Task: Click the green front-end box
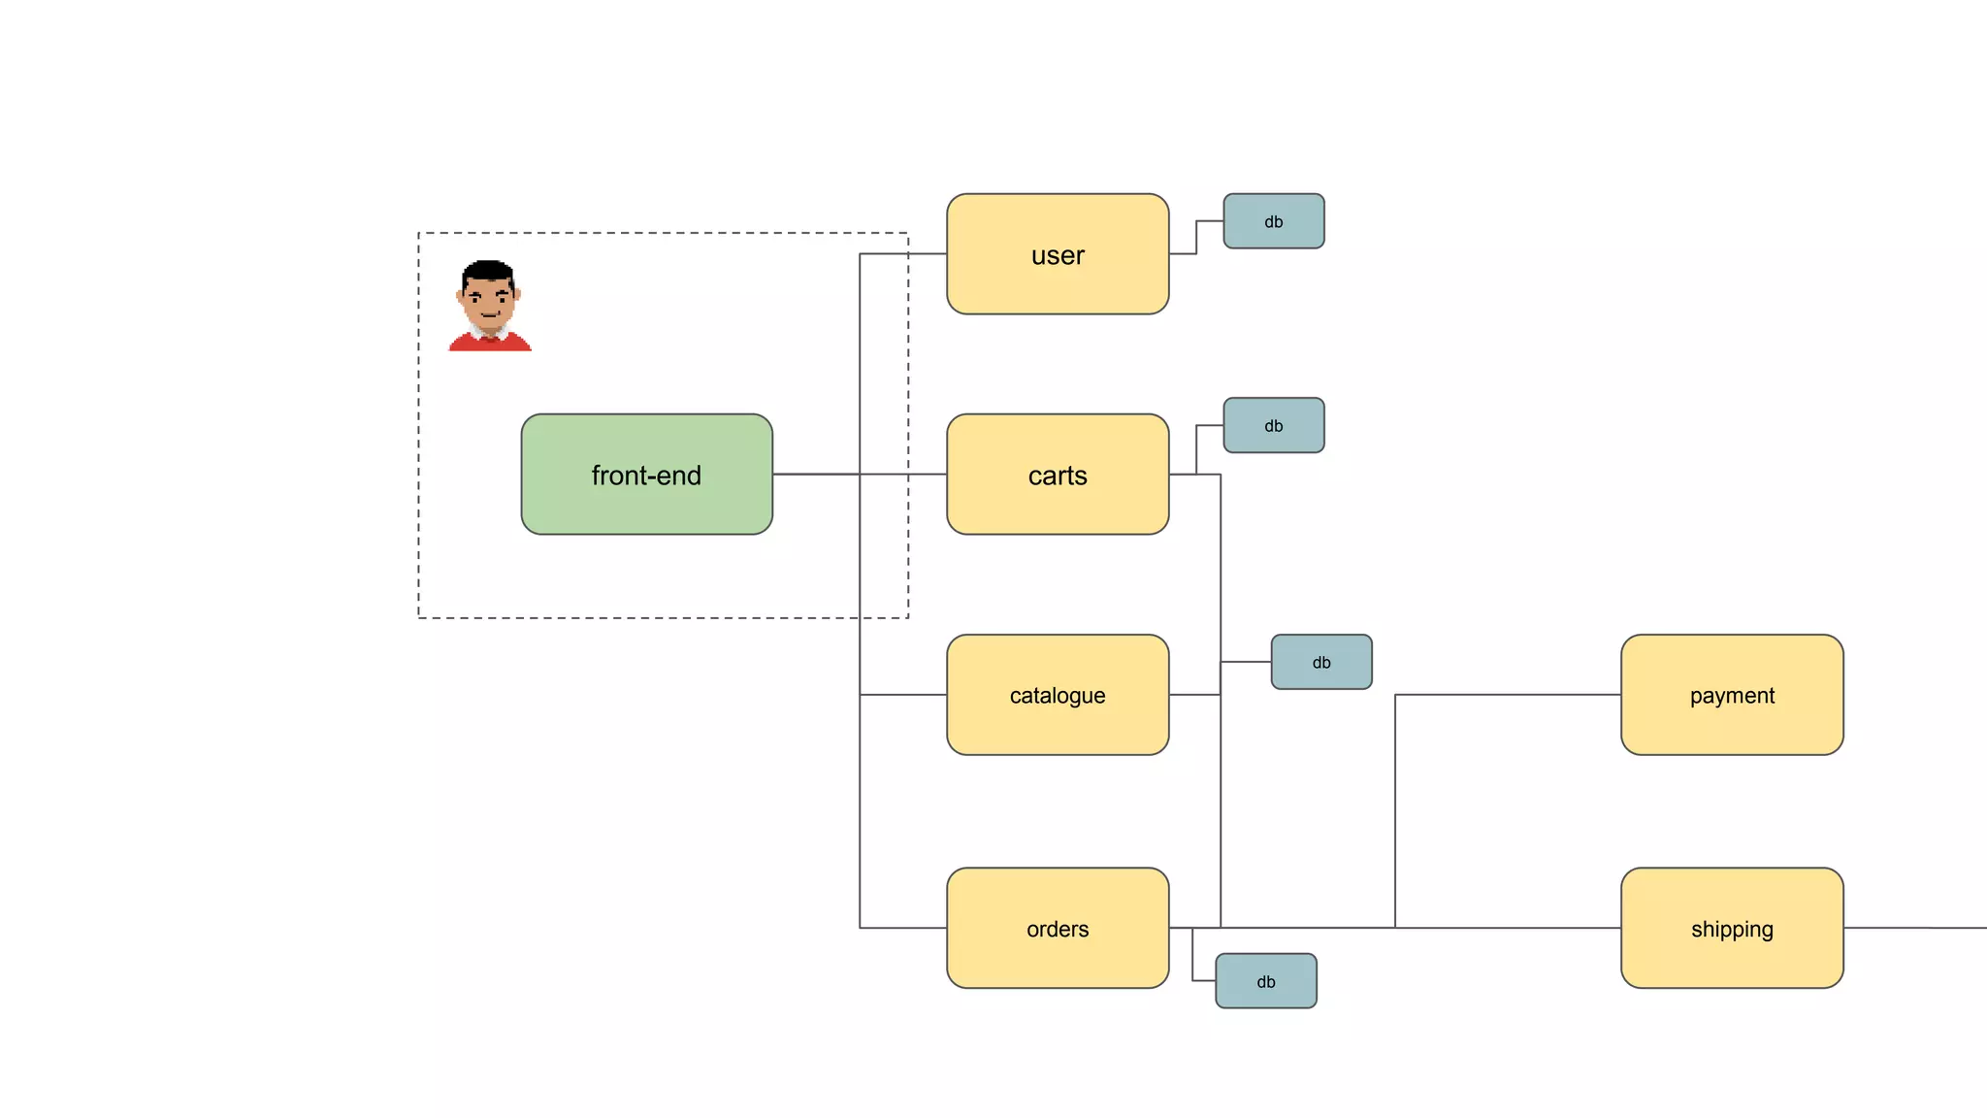[x=646, y=475]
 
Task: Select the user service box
[x=1058, y=254]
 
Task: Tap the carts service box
[x=1058, y=475]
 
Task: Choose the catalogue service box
[x=1058, y=695]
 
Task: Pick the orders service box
[x=1058, y=929]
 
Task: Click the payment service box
[x=1732, y=695]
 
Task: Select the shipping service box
[x=1732, y=929]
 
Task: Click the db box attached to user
[x=1273, y=221]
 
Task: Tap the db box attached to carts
[x=1273, y=425]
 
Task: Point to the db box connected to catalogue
[x=1320, y=662]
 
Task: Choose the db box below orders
[x=1265, y=981]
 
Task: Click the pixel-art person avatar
[x=489, y=306]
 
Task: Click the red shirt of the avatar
[x=489, y=343]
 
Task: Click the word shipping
[x=1732, y=930]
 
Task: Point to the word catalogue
[x=1058, y=696]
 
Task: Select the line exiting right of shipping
[x=1916, y=928]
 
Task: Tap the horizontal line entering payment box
[x=1509, y=695]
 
